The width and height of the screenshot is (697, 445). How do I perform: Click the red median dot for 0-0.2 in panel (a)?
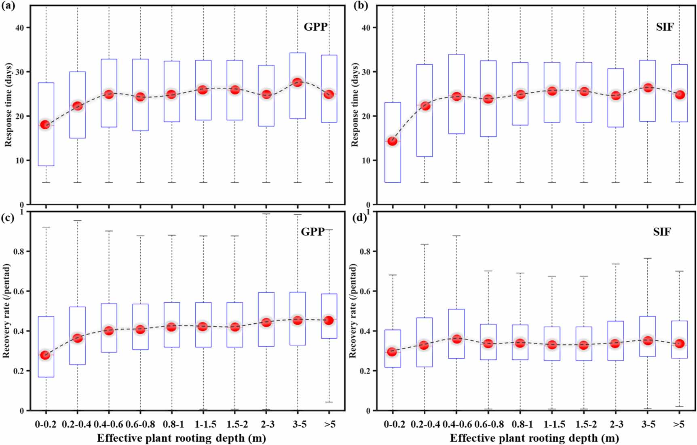click(x=45, y=124)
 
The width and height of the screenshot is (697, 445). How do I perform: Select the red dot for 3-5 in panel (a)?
click(x=298, y=82)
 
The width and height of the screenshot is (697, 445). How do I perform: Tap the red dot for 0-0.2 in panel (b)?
click(x=392, y=141)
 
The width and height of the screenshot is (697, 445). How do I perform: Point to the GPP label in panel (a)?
click(x=315, y=27)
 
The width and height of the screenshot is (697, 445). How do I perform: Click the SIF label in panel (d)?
click(x=662, y=232)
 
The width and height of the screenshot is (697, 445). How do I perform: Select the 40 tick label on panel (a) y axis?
click(x=20, y=27)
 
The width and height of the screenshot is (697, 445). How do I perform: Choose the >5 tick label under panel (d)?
click(x=679, y=424)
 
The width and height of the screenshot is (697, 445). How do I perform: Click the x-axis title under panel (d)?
click(x=534, y=438)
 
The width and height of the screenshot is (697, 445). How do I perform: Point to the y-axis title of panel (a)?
click(x=8, y=105)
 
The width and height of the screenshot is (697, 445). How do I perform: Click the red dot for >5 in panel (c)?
click(x=329, y=320)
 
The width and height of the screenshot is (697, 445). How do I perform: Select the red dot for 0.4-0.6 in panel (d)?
click(x=456, y=339)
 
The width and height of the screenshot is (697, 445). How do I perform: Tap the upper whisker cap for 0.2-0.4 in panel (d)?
click(x=425, y=244)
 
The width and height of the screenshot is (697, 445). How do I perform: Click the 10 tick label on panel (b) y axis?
click(x=366, y=160)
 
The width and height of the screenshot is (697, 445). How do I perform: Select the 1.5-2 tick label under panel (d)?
click(x=583, y=424)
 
